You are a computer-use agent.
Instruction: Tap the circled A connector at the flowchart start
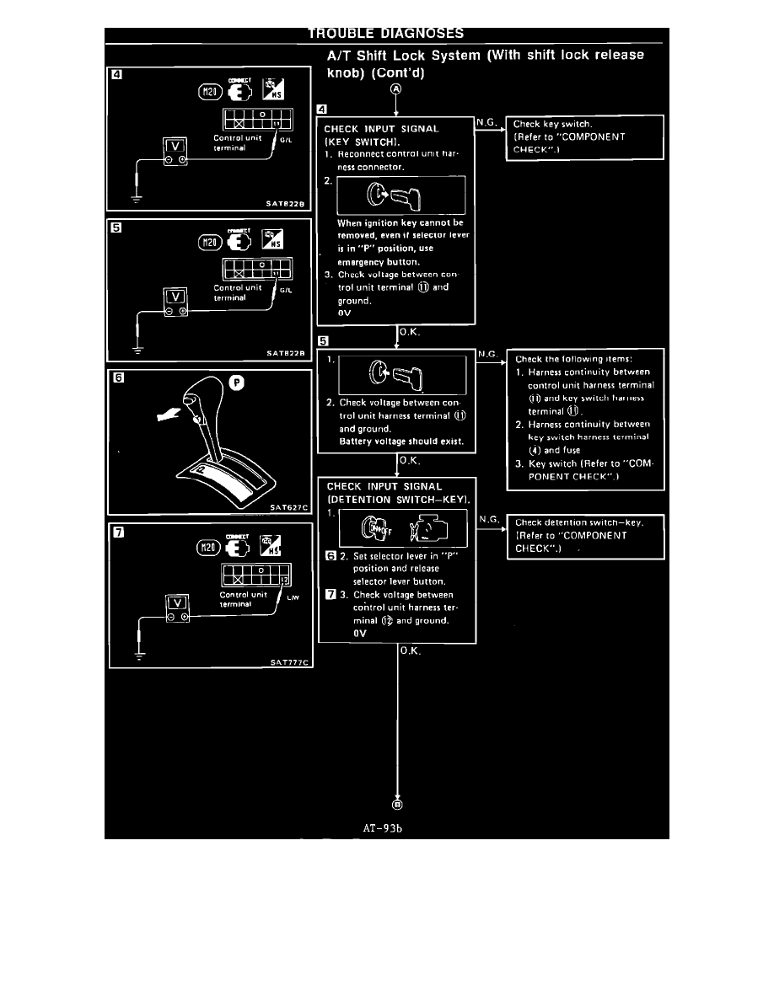(395, 91)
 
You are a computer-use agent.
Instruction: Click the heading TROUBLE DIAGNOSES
(385, 34)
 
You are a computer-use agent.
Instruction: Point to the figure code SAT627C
(288, 508)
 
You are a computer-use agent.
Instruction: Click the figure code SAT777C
(290, 662)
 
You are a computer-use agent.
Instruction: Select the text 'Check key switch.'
(552, 124)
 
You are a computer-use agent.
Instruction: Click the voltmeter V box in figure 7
(176, 603)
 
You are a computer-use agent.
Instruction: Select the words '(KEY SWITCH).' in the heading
(357, 142)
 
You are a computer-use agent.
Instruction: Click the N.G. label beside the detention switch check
(487, 520)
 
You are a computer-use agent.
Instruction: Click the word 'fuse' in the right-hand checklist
(570, 450)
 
